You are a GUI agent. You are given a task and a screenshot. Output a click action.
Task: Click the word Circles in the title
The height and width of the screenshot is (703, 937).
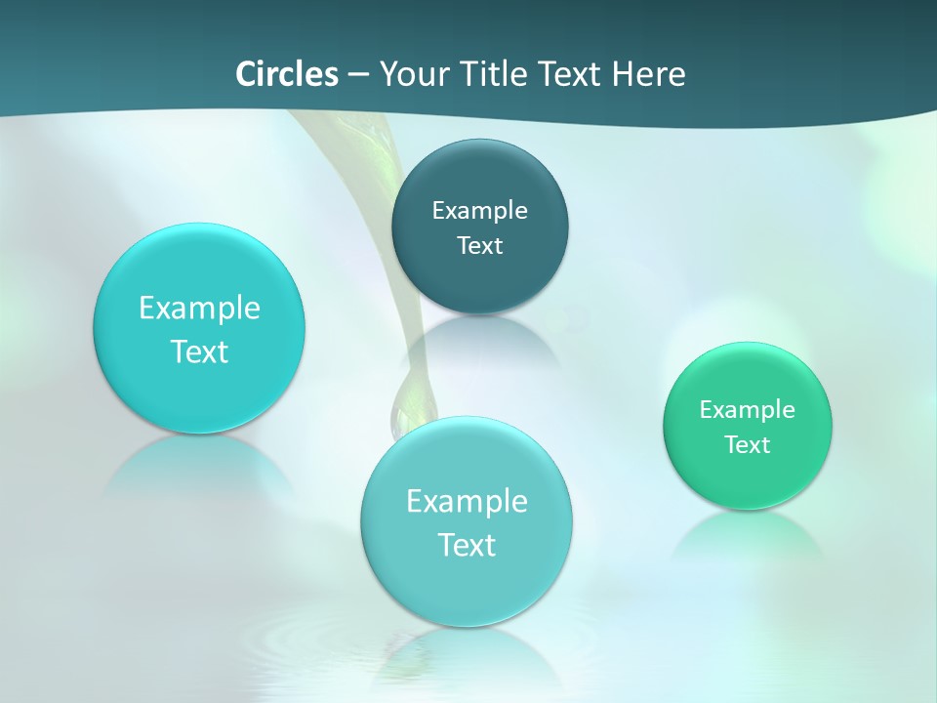click(x=286, y=73)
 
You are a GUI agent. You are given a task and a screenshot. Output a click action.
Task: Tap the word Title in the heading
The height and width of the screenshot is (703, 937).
click(x=496, y=73)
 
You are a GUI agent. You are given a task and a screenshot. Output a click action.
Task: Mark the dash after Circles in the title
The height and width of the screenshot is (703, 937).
click(x=357, y=74)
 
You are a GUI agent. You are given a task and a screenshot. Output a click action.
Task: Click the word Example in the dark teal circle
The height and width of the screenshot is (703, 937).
click(x=479, y=210)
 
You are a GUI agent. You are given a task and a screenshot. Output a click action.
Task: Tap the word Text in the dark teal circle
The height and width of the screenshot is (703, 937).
click(x=479, y=245)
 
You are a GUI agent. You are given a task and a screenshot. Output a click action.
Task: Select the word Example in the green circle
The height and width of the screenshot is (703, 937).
click(x=748, y=409)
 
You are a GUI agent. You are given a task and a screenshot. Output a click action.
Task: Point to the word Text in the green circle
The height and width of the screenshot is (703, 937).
click(x=748, y=444)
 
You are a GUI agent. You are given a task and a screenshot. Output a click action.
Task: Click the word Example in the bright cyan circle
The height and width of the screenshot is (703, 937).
click(x=199, y=308)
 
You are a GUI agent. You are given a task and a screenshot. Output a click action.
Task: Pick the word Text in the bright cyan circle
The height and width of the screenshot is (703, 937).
click(x=199, y=351)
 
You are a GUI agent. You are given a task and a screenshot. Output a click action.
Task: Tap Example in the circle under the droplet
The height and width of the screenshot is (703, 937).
click(x=467, y=501)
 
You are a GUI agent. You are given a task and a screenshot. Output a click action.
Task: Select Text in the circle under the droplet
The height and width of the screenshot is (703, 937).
click(x=467, y=545)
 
